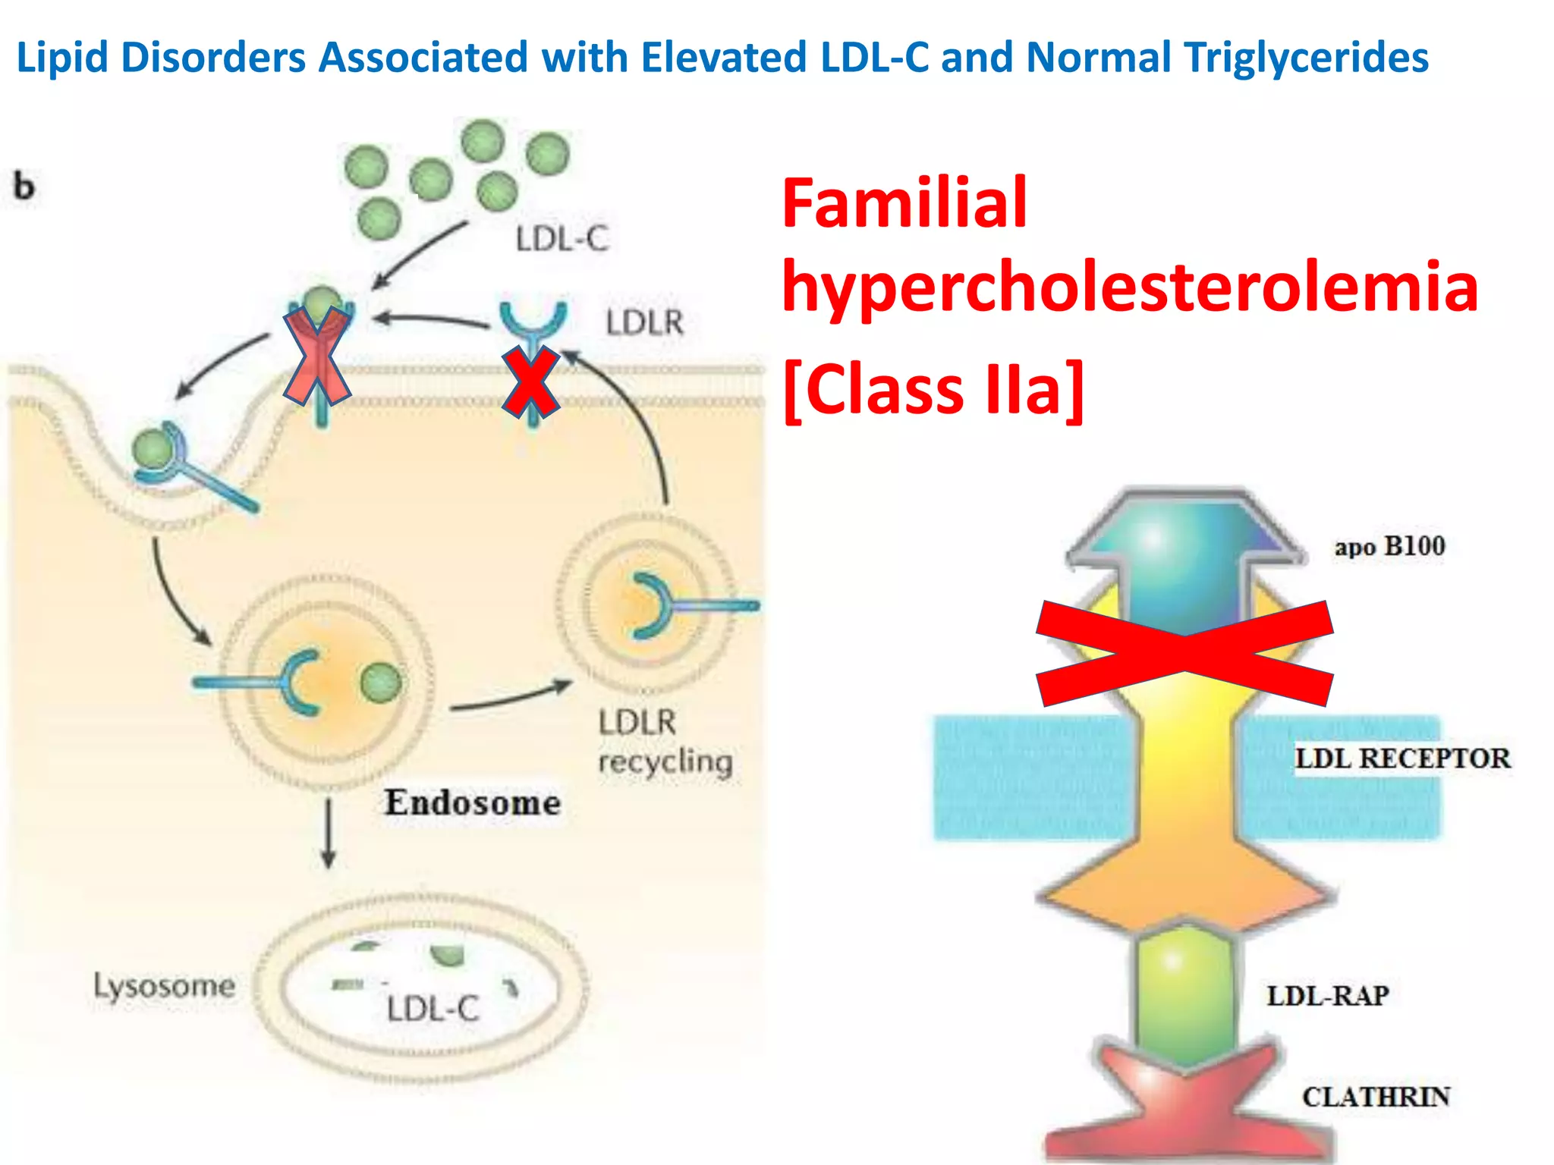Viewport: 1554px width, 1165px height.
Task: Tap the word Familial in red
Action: (x=904, y=203)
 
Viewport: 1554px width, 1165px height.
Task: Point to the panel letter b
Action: (x=24, y=187)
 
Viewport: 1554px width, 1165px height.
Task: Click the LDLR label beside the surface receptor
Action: (x=644, y=322)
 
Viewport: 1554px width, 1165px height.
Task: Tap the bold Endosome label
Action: (x=472, y=802)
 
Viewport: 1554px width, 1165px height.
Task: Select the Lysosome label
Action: (x=164, y=986)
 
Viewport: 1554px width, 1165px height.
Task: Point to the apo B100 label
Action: (x=1389, y=546)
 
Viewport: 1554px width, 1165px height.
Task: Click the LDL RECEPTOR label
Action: (x=1402, y=758)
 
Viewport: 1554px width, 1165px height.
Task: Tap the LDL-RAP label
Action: (x=1327, y=995)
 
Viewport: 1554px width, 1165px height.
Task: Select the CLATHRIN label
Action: (x=1376, y=1097)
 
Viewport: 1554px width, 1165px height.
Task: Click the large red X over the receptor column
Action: (x=1184, y=654)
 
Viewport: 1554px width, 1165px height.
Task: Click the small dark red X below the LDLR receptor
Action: (x=531, y=382)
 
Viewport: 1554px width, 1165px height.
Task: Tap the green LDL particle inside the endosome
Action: (x=381, y=682)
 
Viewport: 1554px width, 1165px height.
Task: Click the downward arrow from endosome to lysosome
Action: (x=328, y=834)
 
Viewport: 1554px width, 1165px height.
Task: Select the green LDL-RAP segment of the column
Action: (x=1186, y=994)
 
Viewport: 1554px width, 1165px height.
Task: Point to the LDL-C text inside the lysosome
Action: (x=433, y=1009)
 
